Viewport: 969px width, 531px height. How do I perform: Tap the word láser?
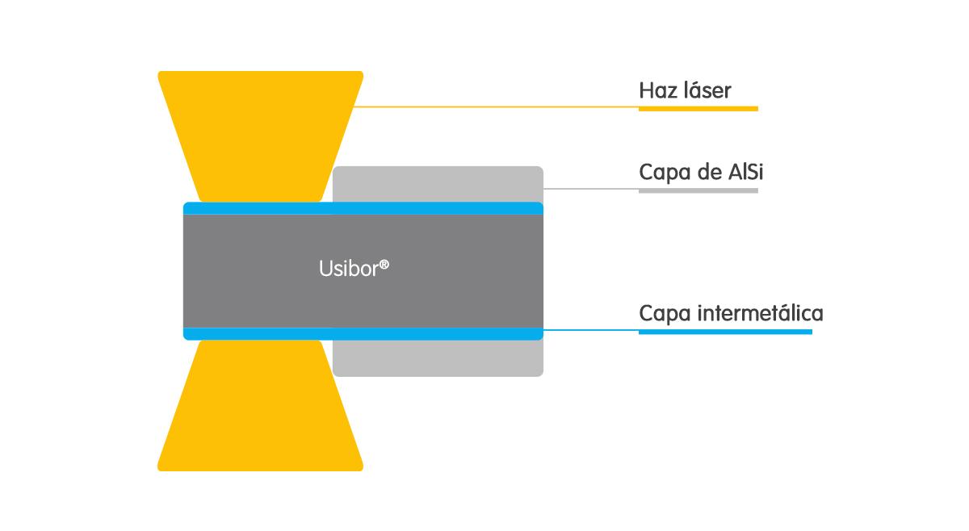pos(707,90)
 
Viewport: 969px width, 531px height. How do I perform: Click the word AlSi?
pos(746,172)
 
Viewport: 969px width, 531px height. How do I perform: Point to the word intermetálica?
pos(761,312)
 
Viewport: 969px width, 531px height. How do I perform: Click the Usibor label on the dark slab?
pos(354,268)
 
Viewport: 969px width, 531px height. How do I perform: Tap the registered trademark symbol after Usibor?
pos(384,264)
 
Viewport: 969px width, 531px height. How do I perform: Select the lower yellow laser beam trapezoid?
pos(260,406)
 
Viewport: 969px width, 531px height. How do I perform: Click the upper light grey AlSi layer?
pos(438,184)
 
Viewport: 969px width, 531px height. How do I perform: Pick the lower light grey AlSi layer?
pos(438,358)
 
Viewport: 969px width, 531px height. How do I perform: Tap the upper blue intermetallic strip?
pos(363,208)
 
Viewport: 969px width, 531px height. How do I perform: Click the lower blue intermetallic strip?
pos(363,334)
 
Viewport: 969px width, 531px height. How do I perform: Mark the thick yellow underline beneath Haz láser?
pos(698,108)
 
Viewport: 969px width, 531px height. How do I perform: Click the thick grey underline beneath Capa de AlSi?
pos(698,190)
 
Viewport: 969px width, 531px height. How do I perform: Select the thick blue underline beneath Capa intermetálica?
pos(725,332)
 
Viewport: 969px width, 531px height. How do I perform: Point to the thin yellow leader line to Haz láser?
pos(497,107)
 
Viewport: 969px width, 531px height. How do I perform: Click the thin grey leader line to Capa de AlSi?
pos(591,189)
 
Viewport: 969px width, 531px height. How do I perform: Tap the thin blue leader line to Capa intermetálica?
pos(591,330)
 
